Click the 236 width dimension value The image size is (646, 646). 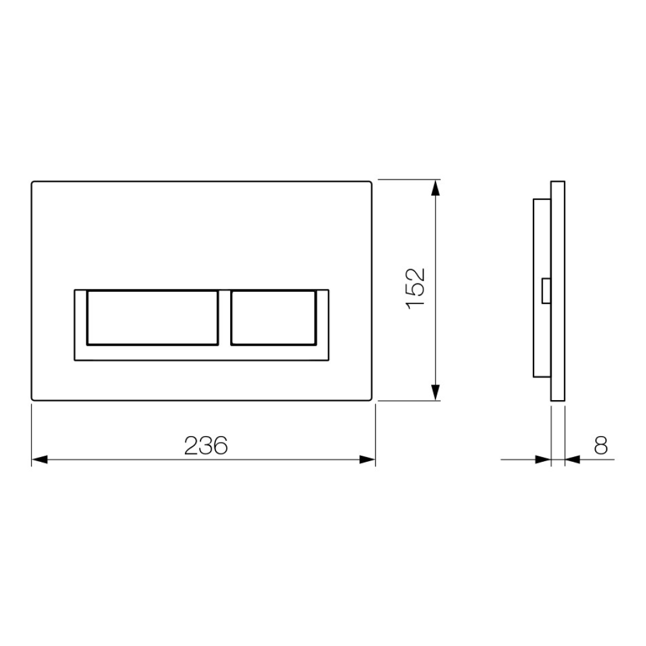click(x=206, y=445)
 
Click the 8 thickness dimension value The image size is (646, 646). click(x=601, y=445)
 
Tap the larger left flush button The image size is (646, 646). click(x=153, y=318)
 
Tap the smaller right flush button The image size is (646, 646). click(x=273, y=318)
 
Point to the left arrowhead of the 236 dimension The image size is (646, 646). click(x=39, y=459)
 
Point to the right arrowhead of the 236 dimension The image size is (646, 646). click(x=367, y=459)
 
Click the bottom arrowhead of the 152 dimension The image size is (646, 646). click(x=435, y=392)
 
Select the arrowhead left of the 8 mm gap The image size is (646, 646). click(x=543, y=459)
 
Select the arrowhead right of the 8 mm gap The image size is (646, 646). click(x=572, y=459)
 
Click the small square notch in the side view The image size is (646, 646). click(x=546, y=291)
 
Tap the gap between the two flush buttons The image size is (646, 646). click(x=224, y=318)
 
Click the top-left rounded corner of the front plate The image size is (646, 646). click(x=33, y=183)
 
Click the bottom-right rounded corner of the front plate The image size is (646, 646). click(x=370, y=398)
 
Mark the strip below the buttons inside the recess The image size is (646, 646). click(x=201, y=354)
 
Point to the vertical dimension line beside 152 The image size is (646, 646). click(x=435, y=239)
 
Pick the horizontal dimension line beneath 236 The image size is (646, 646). click(x=120, y=459)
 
